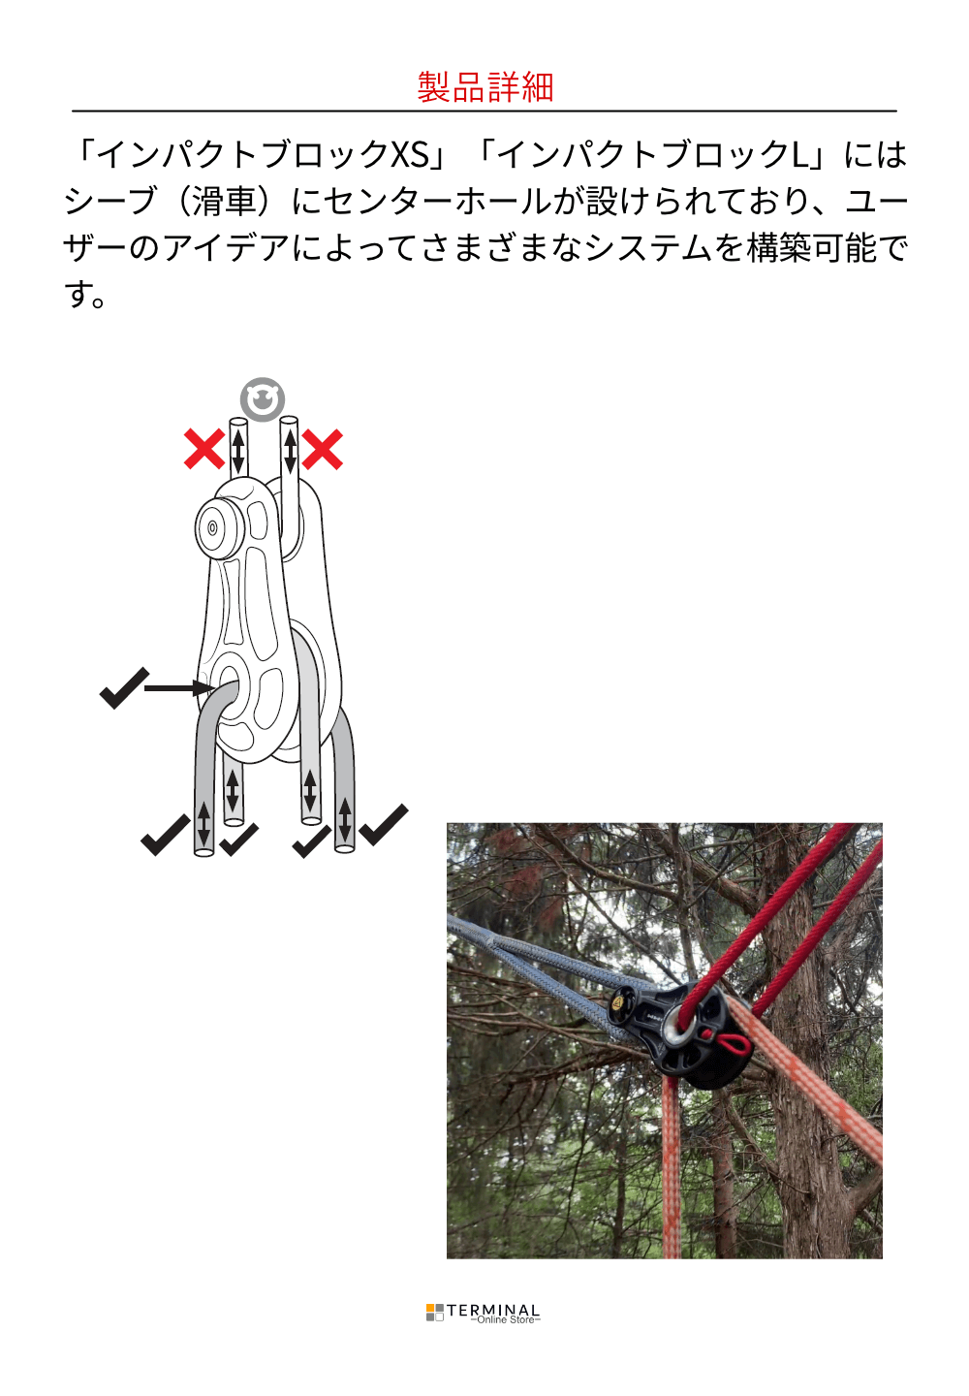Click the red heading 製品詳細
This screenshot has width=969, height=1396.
point(484,86)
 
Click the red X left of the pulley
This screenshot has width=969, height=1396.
point(203,449)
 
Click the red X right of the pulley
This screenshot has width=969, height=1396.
point(322,449)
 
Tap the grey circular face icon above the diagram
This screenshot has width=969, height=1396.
point(263,398)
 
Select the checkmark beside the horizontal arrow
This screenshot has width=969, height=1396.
point(125,688)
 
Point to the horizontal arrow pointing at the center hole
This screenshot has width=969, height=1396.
point(180,688)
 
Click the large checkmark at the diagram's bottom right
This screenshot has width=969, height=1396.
point(384,824)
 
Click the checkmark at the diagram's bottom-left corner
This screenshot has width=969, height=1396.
point(166,835)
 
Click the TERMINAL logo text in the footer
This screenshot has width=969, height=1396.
point(493,1310)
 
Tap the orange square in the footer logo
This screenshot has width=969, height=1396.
point(430,1308)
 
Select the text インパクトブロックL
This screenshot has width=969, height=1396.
point(653,154)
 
